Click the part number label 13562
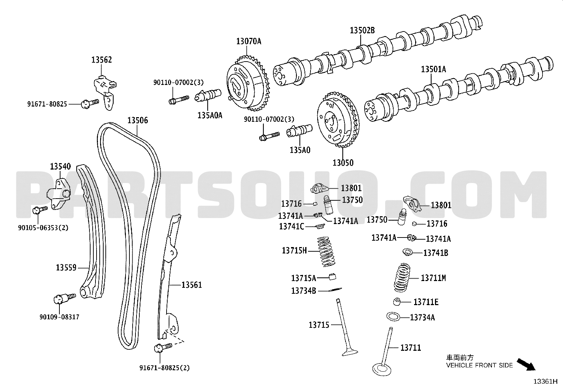(101, 60)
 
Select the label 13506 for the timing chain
(138, 120)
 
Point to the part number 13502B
(362, 30)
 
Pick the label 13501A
(433, 69)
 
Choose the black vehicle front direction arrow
(527, 364)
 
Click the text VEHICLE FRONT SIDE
(479, 365)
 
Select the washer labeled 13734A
(393, 316)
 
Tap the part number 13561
(192, 285)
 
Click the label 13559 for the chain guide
(66, 268)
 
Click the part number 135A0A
(210, 115)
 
